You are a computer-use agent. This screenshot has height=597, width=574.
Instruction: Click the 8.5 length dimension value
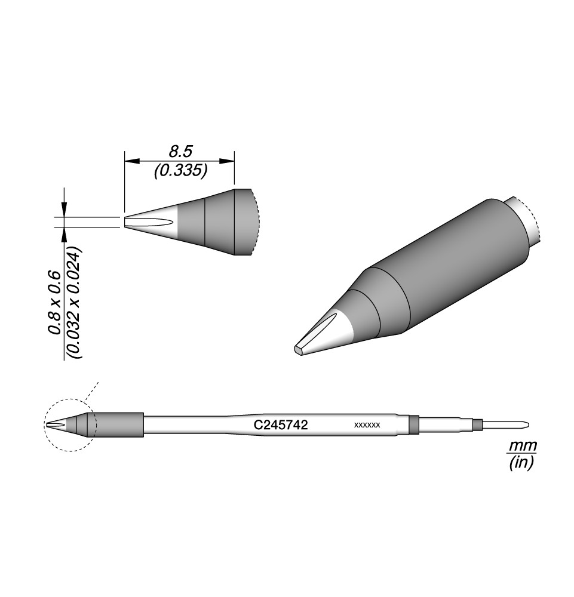coord(180,152)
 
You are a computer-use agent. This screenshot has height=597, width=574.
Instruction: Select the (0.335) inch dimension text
coord(180,171)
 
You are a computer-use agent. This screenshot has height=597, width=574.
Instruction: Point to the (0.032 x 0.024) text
coord(74,303)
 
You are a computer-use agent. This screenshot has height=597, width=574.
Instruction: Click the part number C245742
coord(281,425)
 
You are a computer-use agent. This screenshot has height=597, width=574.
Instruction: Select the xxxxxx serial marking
coord(367,425)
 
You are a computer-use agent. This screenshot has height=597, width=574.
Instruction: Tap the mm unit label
coord(523,445)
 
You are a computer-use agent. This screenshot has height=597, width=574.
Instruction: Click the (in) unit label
coord(522,463)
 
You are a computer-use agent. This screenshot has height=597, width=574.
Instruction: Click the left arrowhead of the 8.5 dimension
coord(132,161)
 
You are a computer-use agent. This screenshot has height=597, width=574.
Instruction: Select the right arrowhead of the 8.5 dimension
coord(226,161)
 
